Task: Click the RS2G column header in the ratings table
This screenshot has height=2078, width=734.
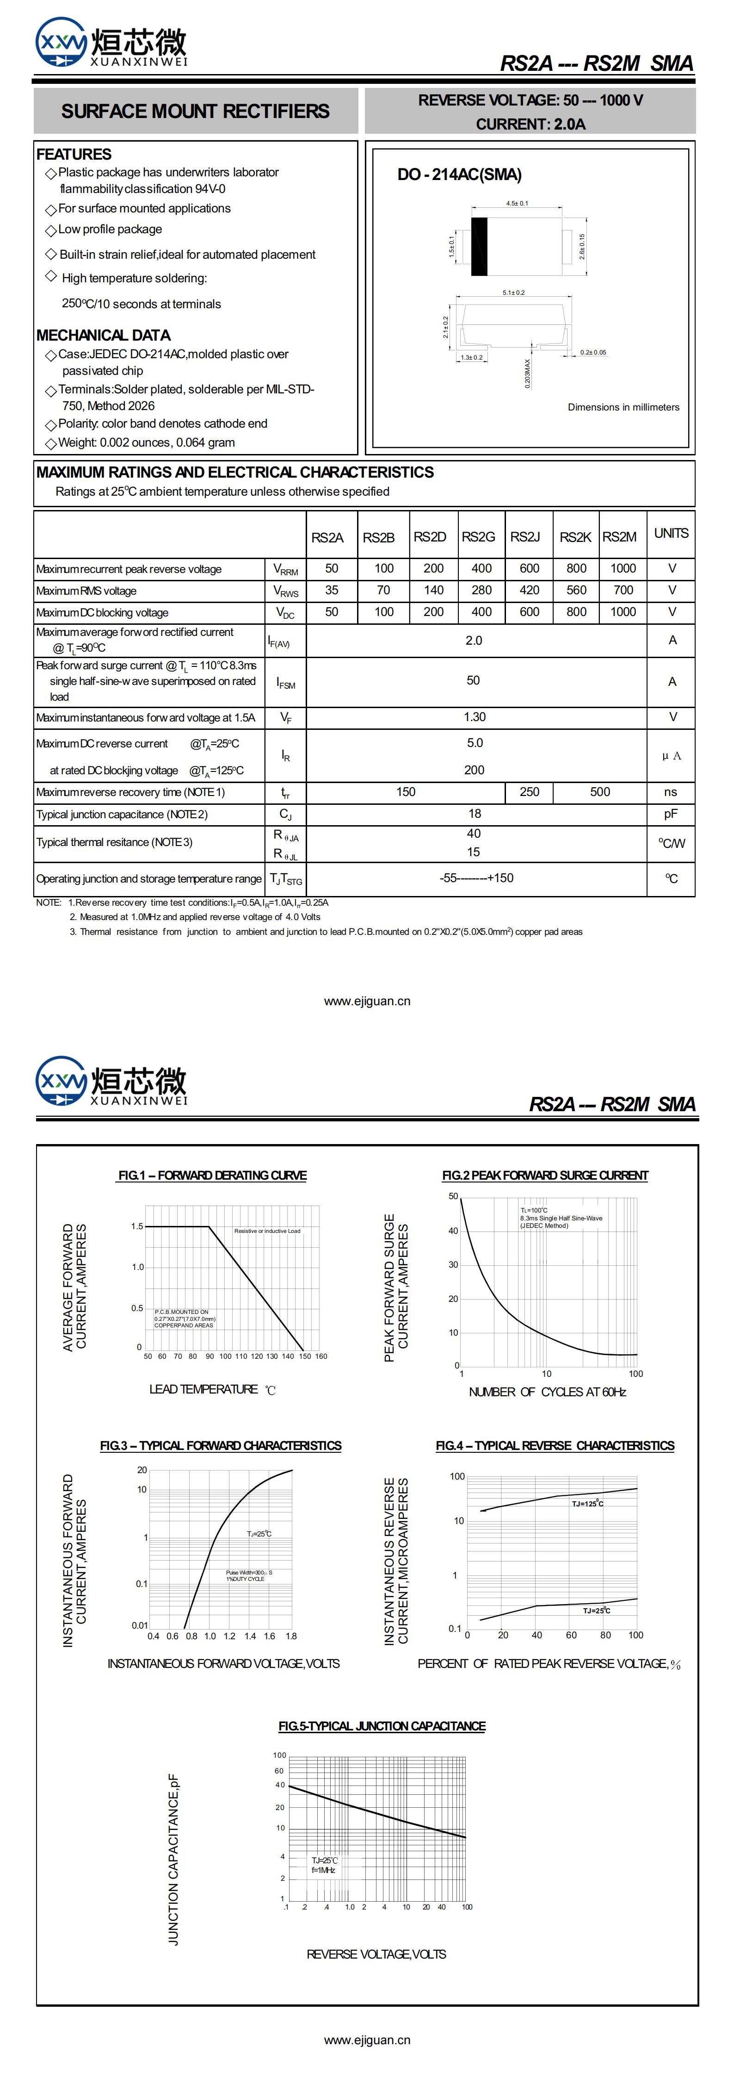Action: [x=478, y=536]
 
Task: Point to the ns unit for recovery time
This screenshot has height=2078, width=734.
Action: [x=670, y=792]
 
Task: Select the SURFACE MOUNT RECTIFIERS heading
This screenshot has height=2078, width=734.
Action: [x=195, y=112]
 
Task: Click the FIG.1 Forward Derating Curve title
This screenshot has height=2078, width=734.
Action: [x=212, y=1176]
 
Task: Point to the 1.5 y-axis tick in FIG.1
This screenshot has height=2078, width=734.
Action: [x=137, y=1226]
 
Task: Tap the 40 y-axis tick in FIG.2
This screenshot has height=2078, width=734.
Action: [x=453, y=1231]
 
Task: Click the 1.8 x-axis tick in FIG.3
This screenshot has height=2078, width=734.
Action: [x=291, y=1636]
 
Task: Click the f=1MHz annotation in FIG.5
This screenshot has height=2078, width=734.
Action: [x=323, y=1870]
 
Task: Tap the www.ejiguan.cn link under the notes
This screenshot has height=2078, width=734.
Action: [x=367, y=1001]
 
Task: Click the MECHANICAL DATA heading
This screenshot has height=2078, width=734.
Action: [x=103, y=335]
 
